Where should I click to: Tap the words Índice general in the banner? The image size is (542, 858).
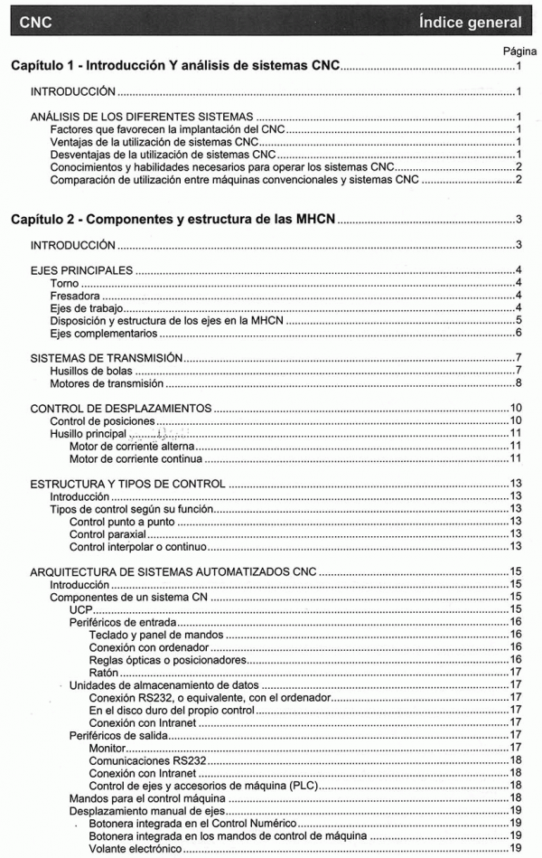[470, 22]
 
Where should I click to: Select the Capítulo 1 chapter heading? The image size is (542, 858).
[175, 67]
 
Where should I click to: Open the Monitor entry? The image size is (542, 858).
[109, 747]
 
